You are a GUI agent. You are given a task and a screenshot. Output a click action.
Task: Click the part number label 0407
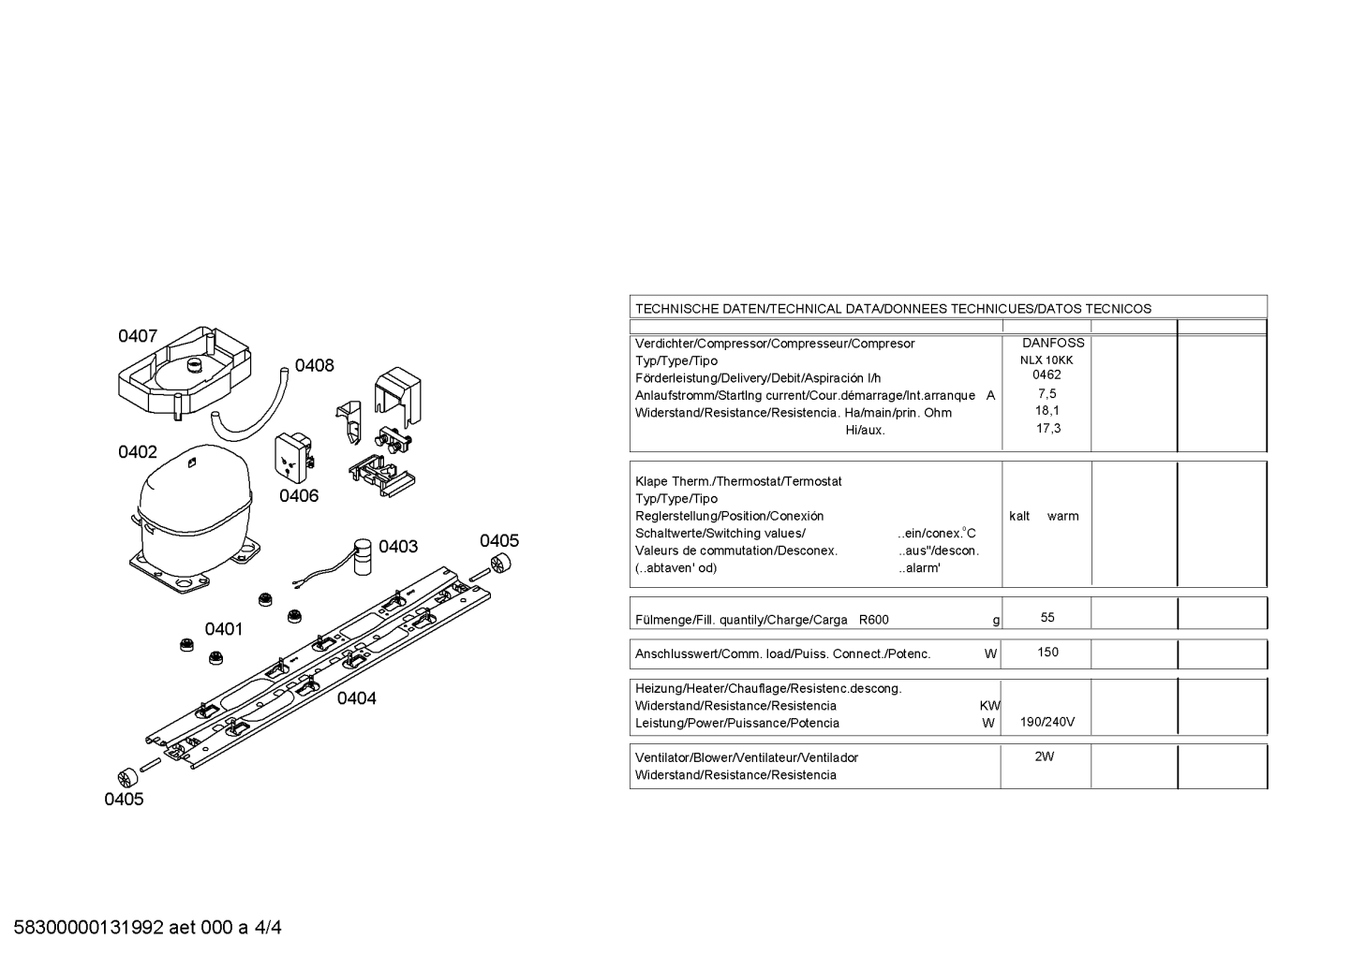(138, 336)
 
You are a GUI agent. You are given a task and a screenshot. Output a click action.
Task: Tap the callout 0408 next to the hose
(314, 365)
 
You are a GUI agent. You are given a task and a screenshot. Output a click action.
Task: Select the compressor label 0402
(138, 452)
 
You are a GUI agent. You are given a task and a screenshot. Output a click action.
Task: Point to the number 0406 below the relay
(299, 496)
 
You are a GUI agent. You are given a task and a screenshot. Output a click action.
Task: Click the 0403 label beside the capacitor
(398, 547)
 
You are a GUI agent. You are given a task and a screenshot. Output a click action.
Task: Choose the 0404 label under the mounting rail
(356, 698)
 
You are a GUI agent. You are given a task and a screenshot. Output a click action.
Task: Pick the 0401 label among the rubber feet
(224, 629)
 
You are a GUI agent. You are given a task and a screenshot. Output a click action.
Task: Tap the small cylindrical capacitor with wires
(362, 556)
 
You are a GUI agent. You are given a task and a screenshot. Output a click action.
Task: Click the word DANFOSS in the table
(1053, 343)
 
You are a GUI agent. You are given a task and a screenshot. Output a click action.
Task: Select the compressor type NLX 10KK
(1047, 360)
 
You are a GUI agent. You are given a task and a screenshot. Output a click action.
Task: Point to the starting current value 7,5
(1047, 393)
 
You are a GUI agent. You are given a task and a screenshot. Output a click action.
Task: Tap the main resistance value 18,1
(1047, 410)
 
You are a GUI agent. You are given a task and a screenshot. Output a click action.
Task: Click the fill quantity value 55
(1047, 617)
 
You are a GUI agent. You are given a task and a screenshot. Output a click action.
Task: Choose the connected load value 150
(1048, 652)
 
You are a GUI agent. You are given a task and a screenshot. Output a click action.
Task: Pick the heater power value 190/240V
(1047, 722)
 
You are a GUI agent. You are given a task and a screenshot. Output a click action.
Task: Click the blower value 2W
(1045, 756)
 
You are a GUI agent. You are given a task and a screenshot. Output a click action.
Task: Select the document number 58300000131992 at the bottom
(89, 928)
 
